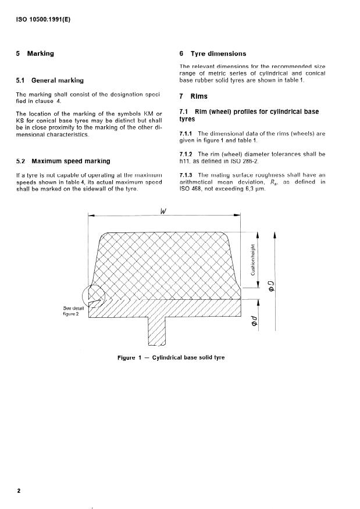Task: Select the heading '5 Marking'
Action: tap(35, 53)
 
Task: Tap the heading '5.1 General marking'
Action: tap(51, 80)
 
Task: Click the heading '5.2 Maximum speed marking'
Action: tap(64, 160)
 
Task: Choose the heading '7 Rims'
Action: tap(194, 96)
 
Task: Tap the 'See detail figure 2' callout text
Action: tap(74, 311)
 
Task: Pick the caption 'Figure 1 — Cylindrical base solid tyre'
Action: tap(170, 358)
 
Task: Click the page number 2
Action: tap(19, 491)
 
